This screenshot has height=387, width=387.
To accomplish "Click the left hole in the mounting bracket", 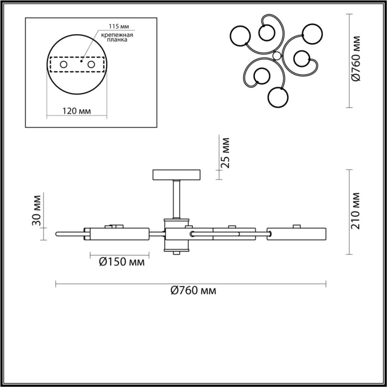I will click(64, 65).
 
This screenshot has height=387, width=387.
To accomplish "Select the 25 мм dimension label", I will click(225, 154).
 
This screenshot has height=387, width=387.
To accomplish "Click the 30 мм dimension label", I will click(36, 211).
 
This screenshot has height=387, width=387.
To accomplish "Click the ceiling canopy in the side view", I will click(176, 175).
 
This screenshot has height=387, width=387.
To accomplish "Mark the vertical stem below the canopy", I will click(176, 199).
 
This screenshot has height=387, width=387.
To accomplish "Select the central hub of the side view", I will click(176, 234).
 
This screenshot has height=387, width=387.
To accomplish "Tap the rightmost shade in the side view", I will click(297, 234).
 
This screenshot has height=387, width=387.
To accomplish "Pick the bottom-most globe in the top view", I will click(277, 98).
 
